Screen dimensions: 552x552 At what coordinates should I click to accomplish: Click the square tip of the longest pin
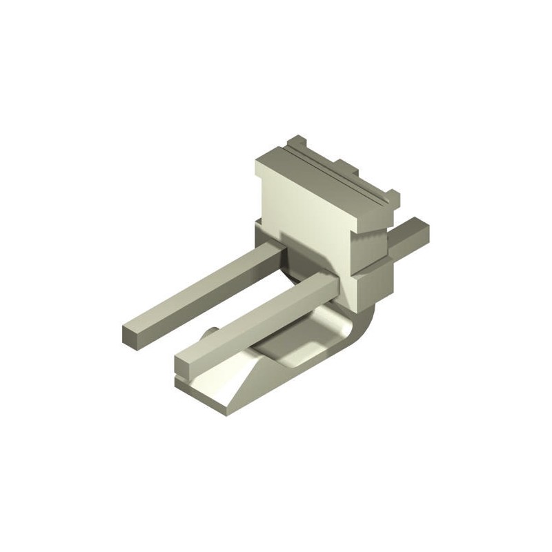coord(132,336)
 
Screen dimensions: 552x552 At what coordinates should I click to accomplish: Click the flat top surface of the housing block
coord(324,172)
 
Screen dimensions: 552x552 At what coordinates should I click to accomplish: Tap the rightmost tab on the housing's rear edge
coord(392,197)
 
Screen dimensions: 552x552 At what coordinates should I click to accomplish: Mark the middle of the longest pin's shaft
coord(200,293)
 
